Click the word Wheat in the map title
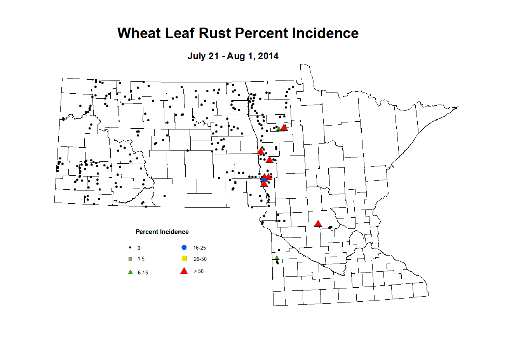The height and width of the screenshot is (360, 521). coord(139,33)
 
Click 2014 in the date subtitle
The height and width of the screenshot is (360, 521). coord(268,56)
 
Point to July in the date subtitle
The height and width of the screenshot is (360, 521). coord(197,56)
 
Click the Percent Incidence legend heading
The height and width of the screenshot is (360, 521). coord(162,232)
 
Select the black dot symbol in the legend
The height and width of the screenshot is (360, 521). coord(130,247)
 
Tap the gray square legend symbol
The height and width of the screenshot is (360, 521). coord(130,259)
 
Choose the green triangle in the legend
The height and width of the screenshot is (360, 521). coord(131,272)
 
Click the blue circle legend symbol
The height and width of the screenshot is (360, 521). coord(184,247)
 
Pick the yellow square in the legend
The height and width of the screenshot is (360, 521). coord(185,259)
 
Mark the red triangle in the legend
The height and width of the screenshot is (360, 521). coord(184,271)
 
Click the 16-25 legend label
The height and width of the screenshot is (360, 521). coord(199,248)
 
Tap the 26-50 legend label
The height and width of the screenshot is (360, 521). coord(200,259)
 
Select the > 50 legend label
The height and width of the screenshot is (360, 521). coord(199,271)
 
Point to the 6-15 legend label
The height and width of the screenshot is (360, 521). coord(143,273)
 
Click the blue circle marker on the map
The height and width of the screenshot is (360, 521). coord(264,180)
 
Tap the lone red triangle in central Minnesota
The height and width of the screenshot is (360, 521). coord(318,223)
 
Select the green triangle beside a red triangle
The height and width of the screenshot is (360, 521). coord(279,128)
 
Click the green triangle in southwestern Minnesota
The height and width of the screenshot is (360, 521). coord(277,258)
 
